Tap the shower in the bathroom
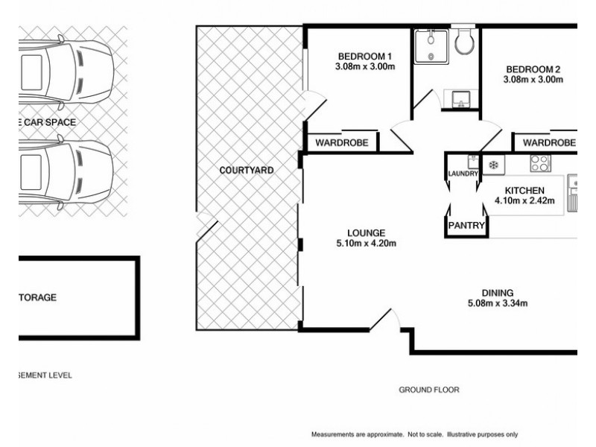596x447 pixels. pyautogui.click(x=430, y=45)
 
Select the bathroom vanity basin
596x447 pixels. pyautogui.click(x=457, y=98)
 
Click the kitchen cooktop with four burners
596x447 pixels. pyautogui.click(x=539, y=162)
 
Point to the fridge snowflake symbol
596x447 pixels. pyautogui.click(x=493, y=165)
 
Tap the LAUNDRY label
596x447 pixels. pyautogui.click(x=463, y=174)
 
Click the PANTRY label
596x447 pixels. pyautogui.click(x=466, y=225)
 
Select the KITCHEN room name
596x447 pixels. pyautogui.click(x=524, y=190)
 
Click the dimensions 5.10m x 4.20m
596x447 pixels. pyautogui.click(x=365, y=243)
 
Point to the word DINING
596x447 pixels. pyautogui.click(x=498, y=292)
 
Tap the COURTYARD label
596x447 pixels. pyautogui.click(x=247, y=171)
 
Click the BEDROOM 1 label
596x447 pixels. pyautogui.click(x=364, y=57)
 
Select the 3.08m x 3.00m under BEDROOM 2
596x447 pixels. pyautogui.click(x=532, y=80)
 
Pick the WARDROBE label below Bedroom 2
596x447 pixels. pyautogui.click(x=549, y=142)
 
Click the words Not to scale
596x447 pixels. pyautogui.click(x=425, y=434)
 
